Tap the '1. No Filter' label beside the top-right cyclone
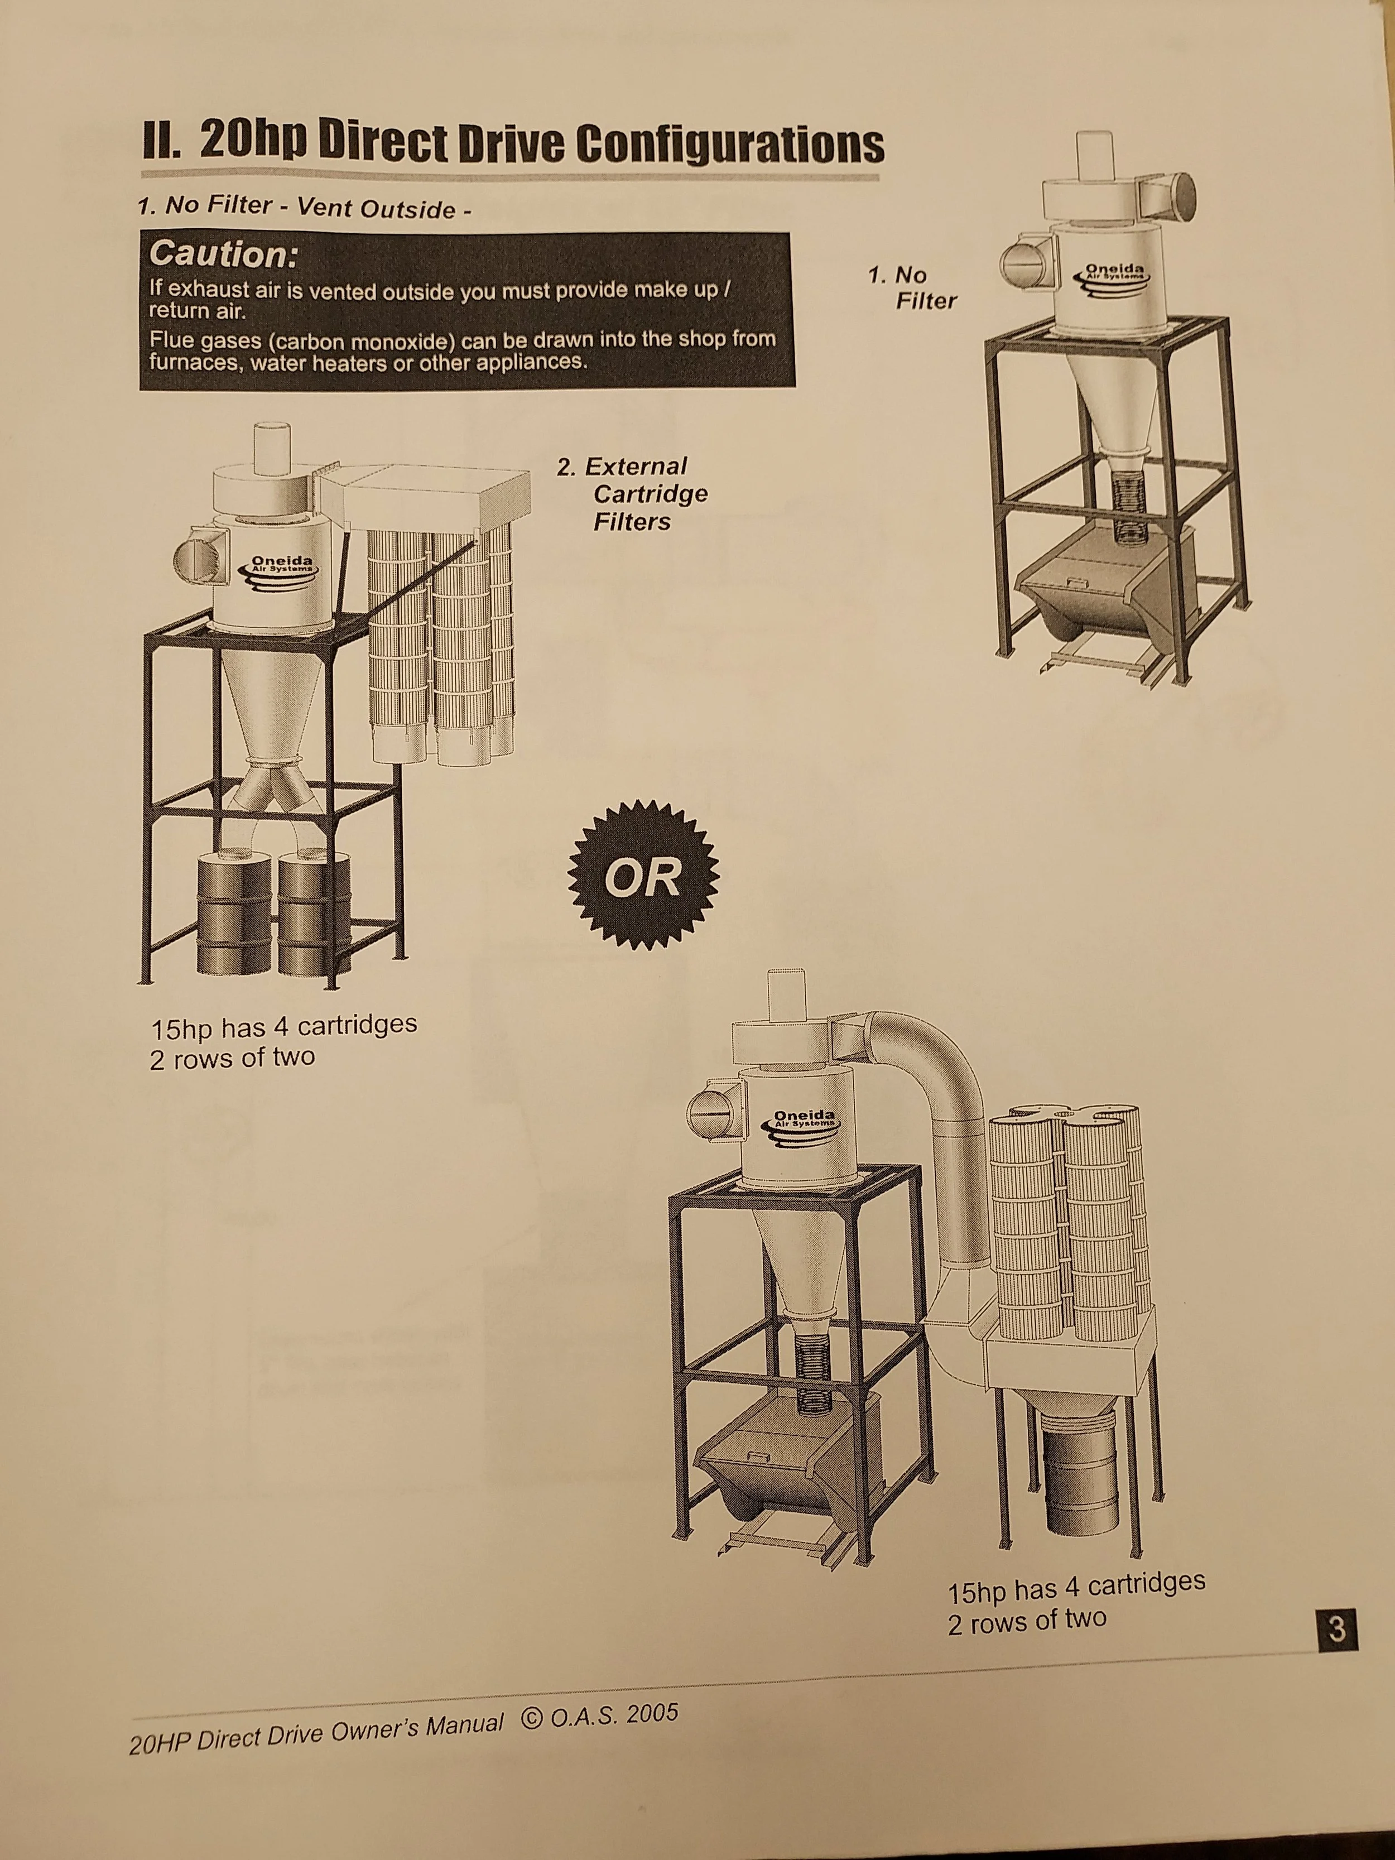pos(912,287)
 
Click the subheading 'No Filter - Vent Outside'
pos(302,207)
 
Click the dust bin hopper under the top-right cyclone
pos(1101,589)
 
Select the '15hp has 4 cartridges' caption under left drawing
pos(283,1027)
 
